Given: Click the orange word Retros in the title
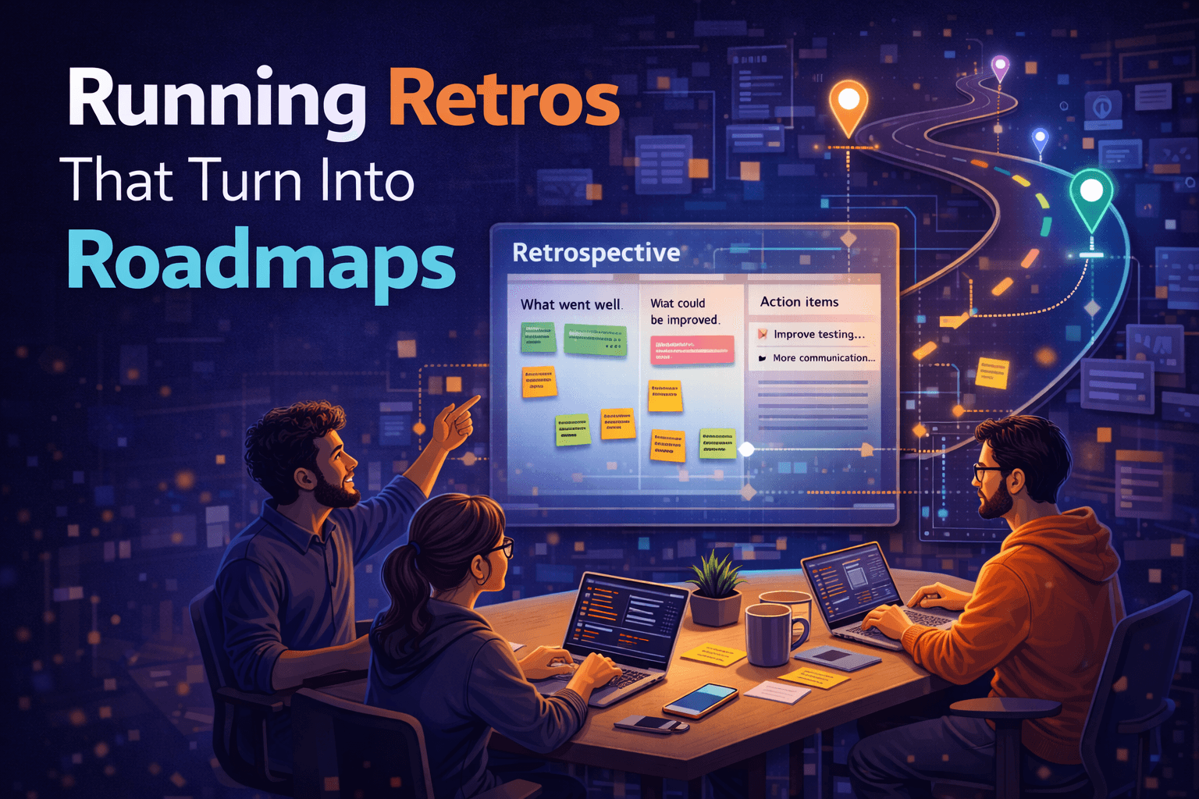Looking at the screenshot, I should coord(503,99).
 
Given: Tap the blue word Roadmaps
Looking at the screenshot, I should coord(261,261).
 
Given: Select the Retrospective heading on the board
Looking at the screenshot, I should coord(596,253).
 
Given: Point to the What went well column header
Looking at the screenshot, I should coord(571,304).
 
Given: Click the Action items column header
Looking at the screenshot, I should coord(799,302).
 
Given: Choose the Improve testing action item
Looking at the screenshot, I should coord(818,334).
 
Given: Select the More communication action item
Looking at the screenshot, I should coord(823,358).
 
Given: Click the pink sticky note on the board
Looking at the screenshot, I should coord(692,350).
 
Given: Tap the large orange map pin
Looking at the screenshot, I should coord(849,104).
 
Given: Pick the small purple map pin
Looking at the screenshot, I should coord(1000,67).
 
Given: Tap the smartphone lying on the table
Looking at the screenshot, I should coord(700,699).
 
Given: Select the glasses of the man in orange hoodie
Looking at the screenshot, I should coord(985,472).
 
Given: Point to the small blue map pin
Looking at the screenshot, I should coord(1040,140).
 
